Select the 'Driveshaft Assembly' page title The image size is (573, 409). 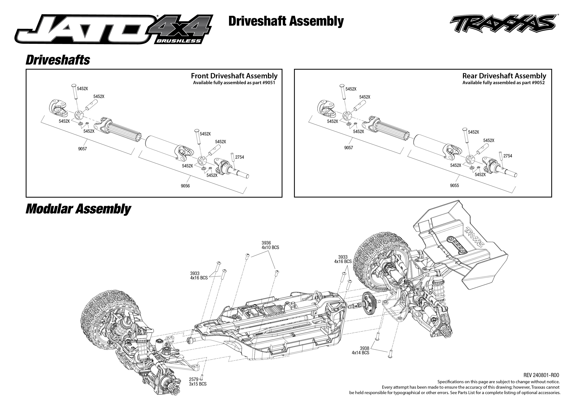(x=286, y=21)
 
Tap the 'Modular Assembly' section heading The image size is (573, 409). (x=78, y=209)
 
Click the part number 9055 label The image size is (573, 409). (x=454, y=186)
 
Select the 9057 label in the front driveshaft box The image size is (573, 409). (x=82, y=149)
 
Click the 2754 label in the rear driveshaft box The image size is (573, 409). (x=508, y=156)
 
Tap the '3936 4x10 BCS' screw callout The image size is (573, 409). (x=270, y=245)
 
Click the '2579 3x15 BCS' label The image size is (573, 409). (x=198, y=382)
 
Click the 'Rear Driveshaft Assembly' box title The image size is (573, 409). (x=504, y=76)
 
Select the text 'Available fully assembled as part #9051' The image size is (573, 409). (x=234, y=83)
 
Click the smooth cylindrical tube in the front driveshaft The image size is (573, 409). (x=161, y=148)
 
